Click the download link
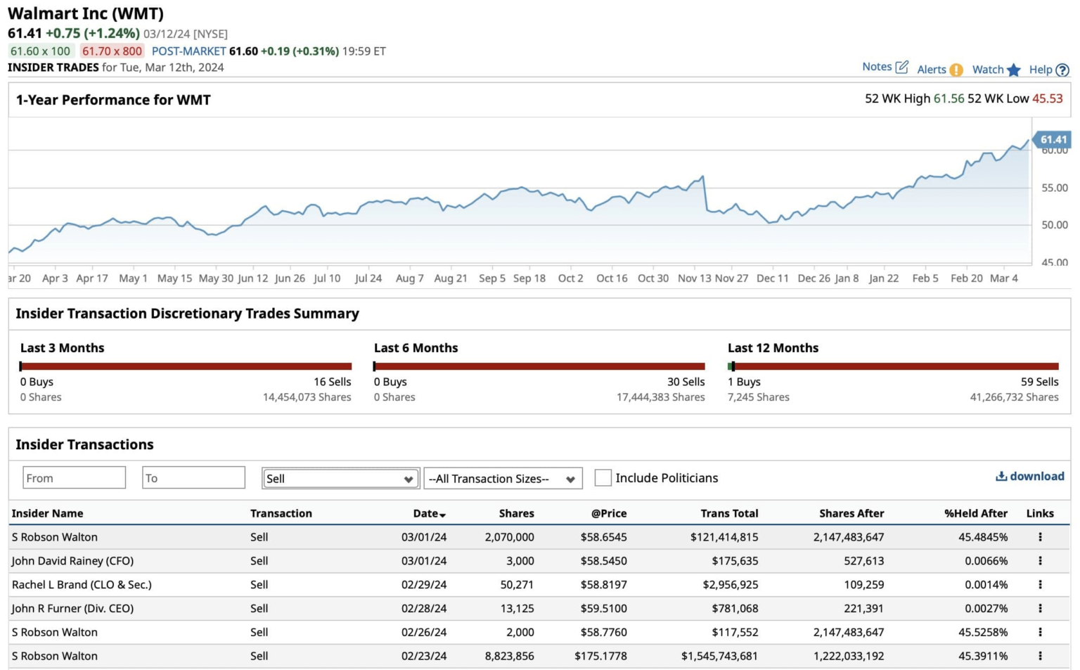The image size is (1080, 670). (x=1030, y=476)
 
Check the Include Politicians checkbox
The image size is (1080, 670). (x=603, y=478)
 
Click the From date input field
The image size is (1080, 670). (x=74, y=478)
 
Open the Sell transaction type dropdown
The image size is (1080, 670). (x=340, y=479)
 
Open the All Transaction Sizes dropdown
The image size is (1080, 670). (x=503, y=479)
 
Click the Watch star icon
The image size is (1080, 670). (x=1013, y=70)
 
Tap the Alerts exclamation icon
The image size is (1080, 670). (x=956, y=70)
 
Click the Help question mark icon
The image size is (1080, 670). (x=1062, y=70)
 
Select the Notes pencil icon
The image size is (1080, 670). (x=902, y=67)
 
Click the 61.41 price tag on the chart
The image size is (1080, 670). (x=1053, y=139)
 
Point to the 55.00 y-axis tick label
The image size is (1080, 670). (x=1054, y=188)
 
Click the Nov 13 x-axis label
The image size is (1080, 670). (x=694, y=278)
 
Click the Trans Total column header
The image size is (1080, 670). (x=729, y=513)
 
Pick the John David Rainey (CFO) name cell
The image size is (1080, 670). (x=72, y=561)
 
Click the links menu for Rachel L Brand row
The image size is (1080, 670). (x=1040, y=584)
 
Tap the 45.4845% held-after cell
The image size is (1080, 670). (x=982, y=537)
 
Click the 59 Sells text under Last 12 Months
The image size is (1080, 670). (x=1039, y=382)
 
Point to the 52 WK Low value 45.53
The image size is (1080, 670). (x=1047, y=98)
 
